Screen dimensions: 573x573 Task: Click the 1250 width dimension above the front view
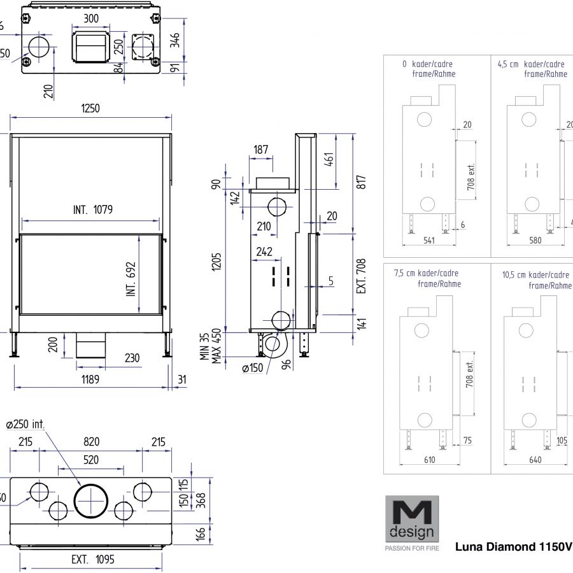[90, 109]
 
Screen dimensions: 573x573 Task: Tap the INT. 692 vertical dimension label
[131, 279]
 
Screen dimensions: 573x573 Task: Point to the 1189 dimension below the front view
[89, 379]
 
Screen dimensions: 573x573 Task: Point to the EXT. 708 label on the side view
[362, 276]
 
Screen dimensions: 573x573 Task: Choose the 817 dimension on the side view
[362, 182]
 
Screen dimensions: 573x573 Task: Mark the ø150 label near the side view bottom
[253, 367]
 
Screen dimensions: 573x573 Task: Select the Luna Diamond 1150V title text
[513, 547]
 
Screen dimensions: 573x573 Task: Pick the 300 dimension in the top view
[91, 18]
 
